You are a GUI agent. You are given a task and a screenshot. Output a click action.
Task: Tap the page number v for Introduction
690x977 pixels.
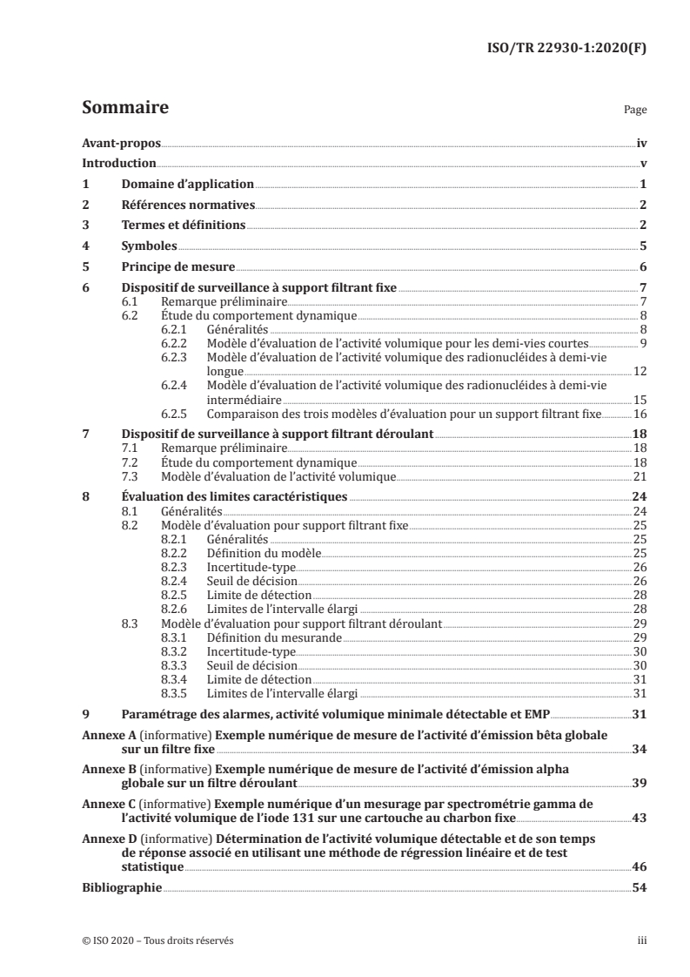click(x=642, y=164)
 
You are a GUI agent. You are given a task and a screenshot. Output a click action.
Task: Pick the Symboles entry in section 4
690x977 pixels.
click(x=148, y=246)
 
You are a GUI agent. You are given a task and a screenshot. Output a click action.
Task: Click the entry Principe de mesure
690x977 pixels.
click(x=178, y=266)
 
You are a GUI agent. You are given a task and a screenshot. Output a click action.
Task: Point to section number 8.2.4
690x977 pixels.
click(x=178, y=580)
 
